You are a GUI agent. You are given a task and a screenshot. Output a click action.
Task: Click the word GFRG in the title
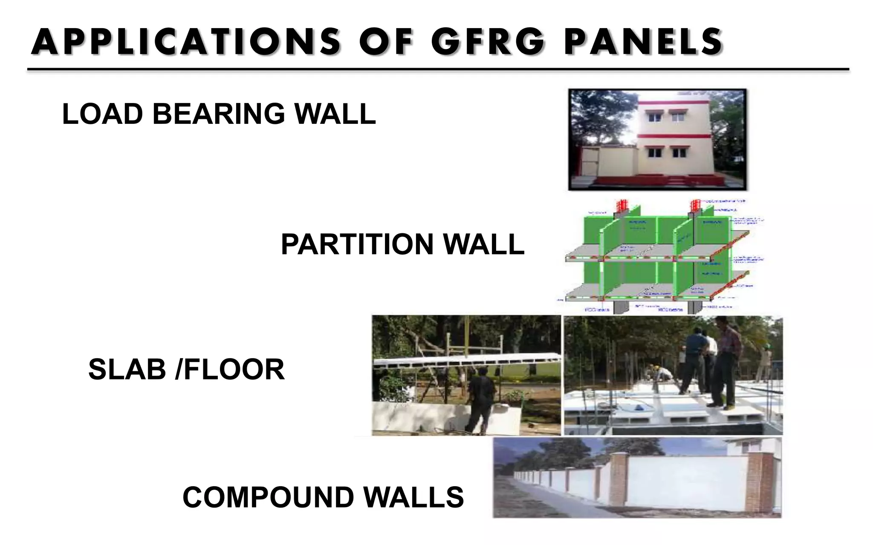tap(488, 42)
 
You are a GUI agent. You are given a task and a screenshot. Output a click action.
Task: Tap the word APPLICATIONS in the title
tap(186, 42)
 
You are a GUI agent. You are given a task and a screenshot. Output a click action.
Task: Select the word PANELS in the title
tap(644, 42)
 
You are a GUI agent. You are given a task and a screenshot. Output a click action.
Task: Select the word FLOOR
tap(234, 369)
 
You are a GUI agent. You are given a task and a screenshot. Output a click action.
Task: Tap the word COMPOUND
tap(268, 497)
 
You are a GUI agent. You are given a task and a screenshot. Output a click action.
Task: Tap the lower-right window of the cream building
tap(678, 152)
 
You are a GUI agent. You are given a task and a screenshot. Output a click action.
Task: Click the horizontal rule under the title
tap(438, 69)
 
